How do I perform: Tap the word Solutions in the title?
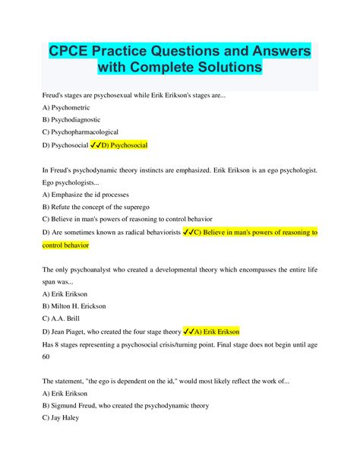tap(222, 68)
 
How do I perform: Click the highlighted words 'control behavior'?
tap(66, 245)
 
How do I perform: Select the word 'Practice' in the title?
tap(139, 50)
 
